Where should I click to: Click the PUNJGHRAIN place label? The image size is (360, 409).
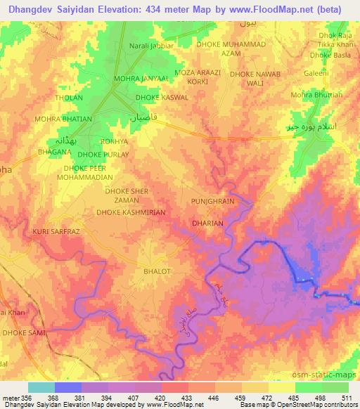click(x=212, y=201)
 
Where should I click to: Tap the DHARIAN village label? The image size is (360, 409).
click(x=207, y=223)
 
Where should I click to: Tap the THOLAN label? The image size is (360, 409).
click(x=69, y=98)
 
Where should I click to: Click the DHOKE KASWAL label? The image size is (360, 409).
click(x=161, y=98)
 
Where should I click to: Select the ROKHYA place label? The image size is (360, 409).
click(x=114, y=141)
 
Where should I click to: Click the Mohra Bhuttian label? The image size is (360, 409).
click(x=316, y=95)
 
